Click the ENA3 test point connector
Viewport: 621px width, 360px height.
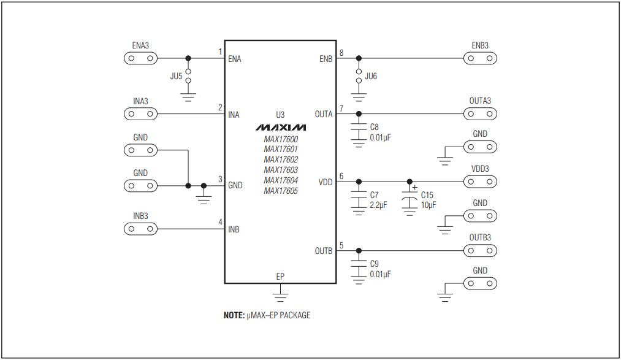(x=140, y=59)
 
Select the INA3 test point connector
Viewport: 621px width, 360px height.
(x=140, y=114)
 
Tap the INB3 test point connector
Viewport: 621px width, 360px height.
(x=140, y=229)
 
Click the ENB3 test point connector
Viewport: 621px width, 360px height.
(x=480, y=59)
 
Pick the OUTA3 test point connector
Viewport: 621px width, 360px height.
(x=480, y=114)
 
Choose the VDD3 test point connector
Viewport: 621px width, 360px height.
(x=480, y=182)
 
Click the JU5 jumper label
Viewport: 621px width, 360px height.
(x=176, y=77)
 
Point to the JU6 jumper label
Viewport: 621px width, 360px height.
(x=371, y=77)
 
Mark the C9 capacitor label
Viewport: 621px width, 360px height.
(x=375, y=264)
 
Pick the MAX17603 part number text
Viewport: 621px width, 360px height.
(x=281, y=170)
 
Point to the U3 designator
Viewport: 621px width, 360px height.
(x=280, y=115)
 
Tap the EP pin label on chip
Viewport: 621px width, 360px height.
(x=280, y=277)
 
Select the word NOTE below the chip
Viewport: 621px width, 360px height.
(x=234, y=315)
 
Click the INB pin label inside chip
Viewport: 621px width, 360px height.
(x=234, y=230)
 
